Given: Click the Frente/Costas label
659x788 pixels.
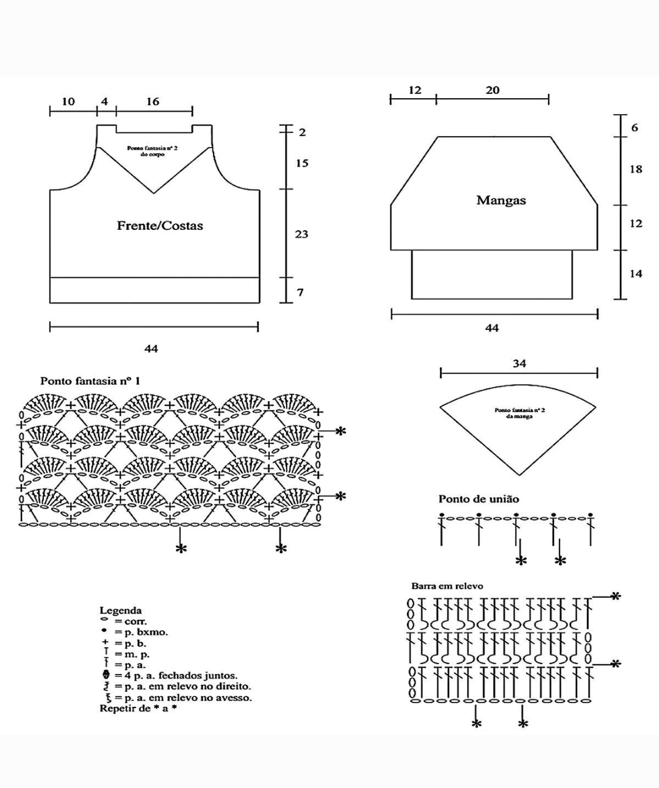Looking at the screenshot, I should pyautogui.click(x=160, y=226).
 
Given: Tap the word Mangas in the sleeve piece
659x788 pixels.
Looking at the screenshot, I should pyautogui.click(x=501, y=201).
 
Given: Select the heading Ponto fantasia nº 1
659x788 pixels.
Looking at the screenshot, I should pyautogui.click(x=90, y=381).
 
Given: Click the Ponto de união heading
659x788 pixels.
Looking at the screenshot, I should pyautogui.click(x=478, y=499).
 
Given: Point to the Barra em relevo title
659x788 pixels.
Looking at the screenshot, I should pyautogui.click(x=447, y=586).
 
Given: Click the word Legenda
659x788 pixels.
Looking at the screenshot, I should pyautogui.click(x=121, y=610).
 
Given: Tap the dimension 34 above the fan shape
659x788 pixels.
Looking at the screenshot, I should pyautogui.click(x=519, y=364).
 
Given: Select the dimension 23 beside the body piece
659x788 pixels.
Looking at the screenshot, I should pyautogui.click(x=301, y=234).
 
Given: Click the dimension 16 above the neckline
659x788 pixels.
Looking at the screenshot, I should pyautogui.click(x=153, y=102).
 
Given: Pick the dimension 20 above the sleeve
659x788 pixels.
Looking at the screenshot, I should pyautogui.click(x=492, y=90).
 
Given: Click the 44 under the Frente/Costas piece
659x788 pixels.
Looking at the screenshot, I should pyautogui.click(x=151, y=348).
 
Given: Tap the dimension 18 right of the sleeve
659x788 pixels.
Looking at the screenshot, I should pyautogui.click(x=636, y=169).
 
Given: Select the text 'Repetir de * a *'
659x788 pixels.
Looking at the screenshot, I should pyautogui.click(x=138, y=709).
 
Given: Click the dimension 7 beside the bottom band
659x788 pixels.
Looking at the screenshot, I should pyautogui.click(x=300, y=293).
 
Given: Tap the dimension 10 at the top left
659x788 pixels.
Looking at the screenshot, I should pyautogui.click(x=68, y=102).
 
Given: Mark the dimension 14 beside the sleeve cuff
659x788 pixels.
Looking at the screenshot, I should pyautogui.click(x=636, y=274).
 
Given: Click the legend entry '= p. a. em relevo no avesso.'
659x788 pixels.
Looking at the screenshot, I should pyautogui.click(x=183, y=698).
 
